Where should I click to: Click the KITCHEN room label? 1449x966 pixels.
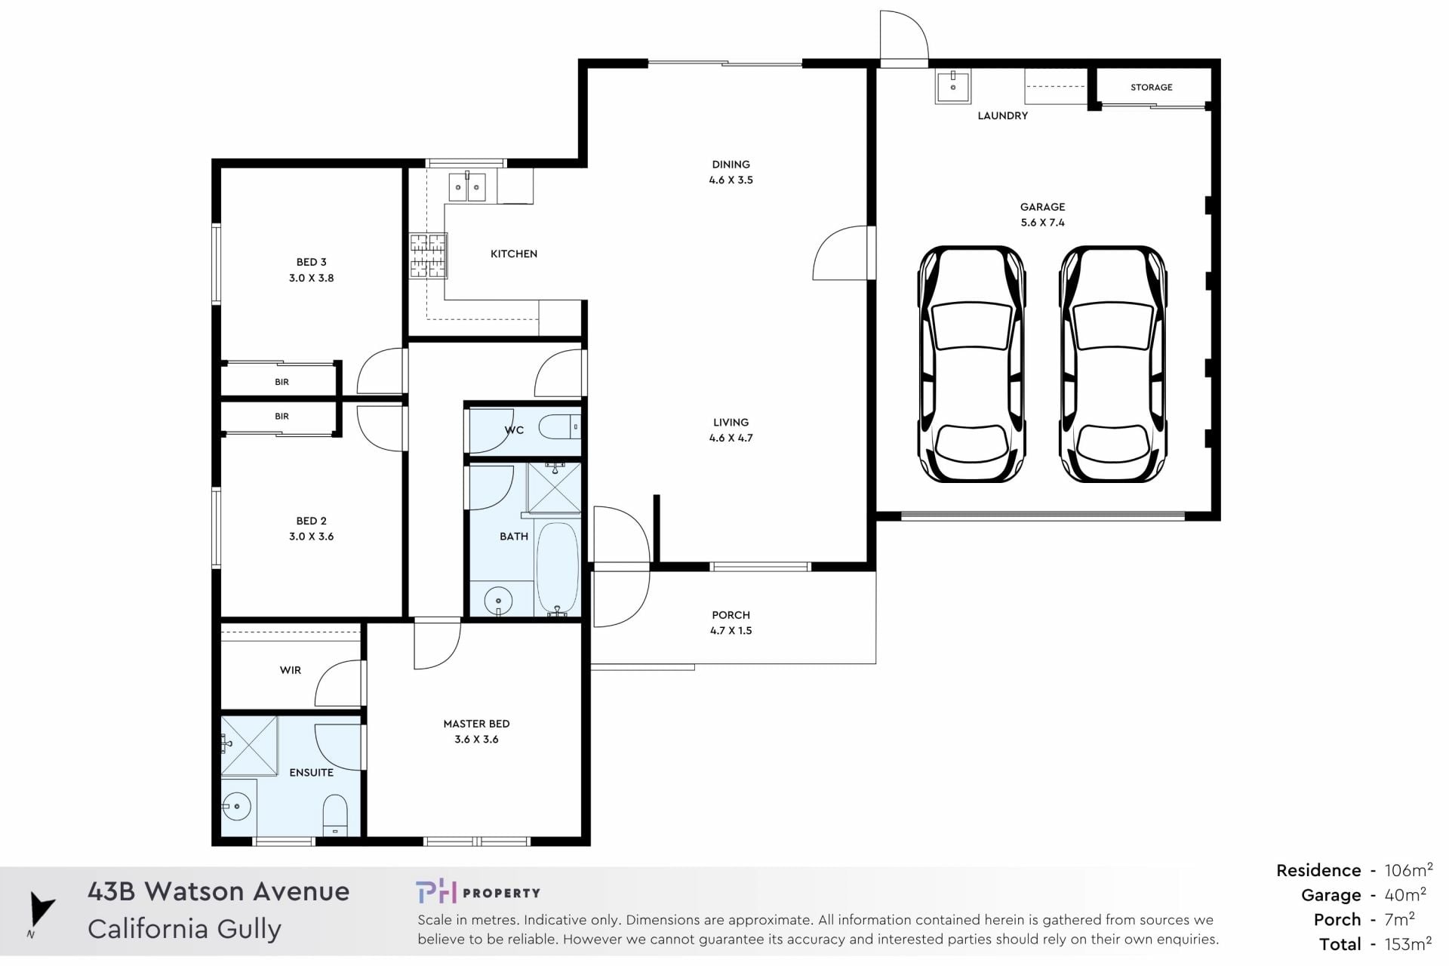pos(514,254)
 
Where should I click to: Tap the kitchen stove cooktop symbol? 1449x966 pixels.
pos(429,257)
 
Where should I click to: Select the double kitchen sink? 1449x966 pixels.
pos(467,186)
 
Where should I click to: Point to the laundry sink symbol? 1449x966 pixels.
pos(953,87)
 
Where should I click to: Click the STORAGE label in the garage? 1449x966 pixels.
pos(1152,88)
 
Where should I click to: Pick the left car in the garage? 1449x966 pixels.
pos(971,364)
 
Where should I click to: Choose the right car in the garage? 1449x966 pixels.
pos(1112,364)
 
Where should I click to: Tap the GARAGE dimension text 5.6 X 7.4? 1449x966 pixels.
pos(1043,223)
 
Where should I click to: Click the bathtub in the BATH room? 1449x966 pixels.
pos(558,568)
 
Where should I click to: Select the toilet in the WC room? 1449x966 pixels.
pos(560,428)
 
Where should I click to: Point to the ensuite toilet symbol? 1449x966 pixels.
pos(335,815)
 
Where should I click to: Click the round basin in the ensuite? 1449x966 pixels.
pos(237,807)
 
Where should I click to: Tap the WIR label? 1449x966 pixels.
pos(291,670)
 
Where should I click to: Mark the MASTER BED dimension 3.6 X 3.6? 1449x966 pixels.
pos(476,740)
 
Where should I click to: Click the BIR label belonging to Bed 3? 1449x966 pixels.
pos(281,383)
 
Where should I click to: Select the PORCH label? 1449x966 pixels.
pos(731,615)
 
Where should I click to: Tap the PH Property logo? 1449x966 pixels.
pos(478,892)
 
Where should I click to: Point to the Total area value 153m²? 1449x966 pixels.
pos(1408,943)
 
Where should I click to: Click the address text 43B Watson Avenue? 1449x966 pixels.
pos(219,891)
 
